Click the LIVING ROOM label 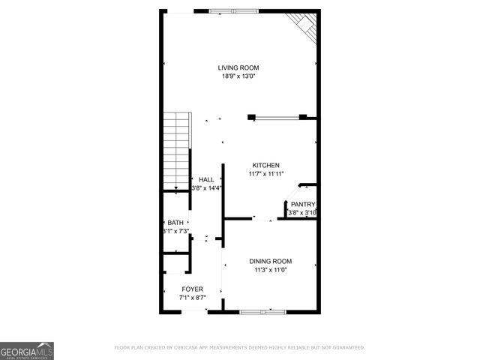click(239, 67)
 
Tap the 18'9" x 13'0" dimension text click(239, 76)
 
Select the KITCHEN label click(265, 165)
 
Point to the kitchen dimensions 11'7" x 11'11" click(265, 173)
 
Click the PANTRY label click(303, 205)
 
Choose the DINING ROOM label click(270, 261)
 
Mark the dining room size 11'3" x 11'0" click(270, 269)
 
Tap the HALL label click(206, 180)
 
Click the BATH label click(175, 223)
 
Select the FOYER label click(192, 289)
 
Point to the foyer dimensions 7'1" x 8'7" click(192, 297)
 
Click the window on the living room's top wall click(233, 10)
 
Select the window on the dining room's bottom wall click(262, 311)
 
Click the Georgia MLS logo click(27, 350)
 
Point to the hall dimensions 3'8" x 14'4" click(206, 188)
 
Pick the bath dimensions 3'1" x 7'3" click(175, 231)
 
